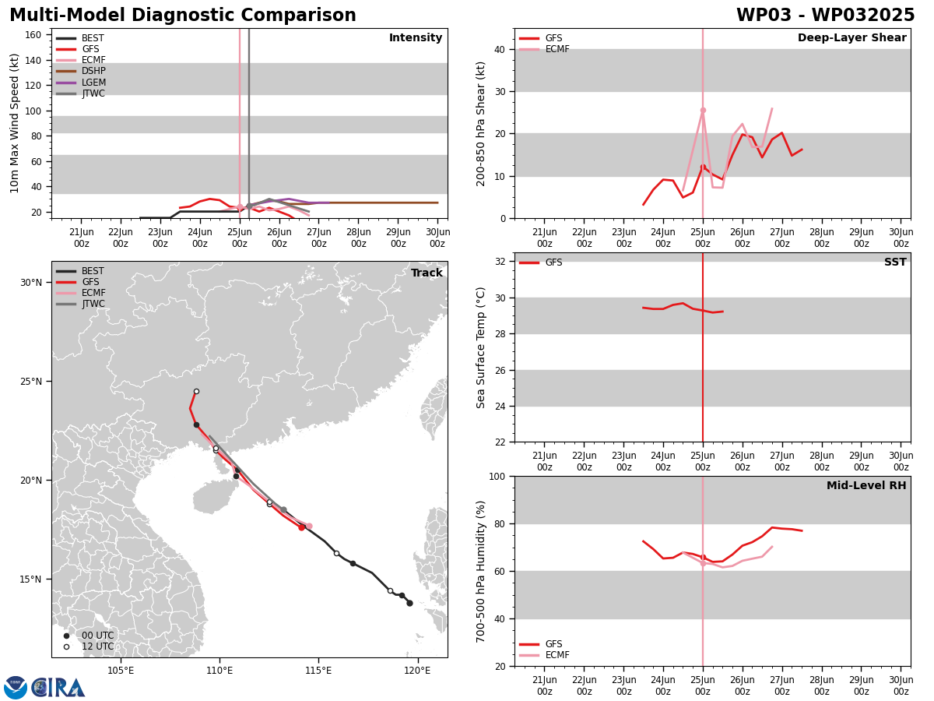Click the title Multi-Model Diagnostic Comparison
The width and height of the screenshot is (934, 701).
pos(183,15)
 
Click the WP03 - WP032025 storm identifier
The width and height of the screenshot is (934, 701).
pos(825,15)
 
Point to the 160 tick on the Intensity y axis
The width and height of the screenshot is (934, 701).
pos(33,35)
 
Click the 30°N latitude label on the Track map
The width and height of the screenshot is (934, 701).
pos(31,283)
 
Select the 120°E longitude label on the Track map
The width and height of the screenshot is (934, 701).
pos(417,671)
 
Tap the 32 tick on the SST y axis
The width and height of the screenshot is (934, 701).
pos(500,262)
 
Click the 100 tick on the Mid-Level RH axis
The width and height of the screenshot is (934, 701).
pos(498,476)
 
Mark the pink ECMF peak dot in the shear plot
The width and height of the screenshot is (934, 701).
pos(703,111)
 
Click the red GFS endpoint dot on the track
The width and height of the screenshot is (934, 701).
pos(302,527)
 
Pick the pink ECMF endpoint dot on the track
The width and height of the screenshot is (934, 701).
pos(309,526)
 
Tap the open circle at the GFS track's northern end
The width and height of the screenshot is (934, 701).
pos(196,392)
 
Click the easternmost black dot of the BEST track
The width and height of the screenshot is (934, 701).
pos(409,603)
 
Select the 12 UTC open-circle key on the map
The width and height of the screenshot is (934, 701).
pos(66,646)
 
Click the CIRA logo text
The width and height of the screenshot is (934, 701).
pos(58,688)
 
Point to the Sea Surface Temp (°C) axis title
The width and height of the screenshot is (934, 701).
pos(480,348)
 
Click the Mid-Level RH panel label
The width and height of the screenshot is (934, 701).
pos(866,485)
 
